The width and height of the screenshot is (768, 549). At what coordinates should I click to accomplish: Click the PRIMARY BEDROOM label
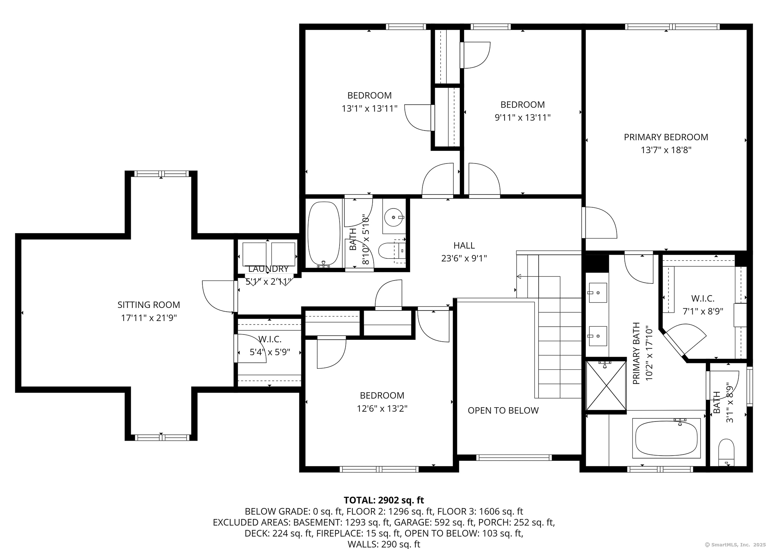[x=666, y=137]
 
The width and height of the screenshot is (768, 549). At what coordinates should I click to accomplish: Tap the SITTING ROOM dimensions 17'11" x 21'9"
[x=148, y=318]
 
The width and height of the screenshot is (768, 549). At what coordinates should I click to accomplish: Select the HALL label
[x=464, y=246]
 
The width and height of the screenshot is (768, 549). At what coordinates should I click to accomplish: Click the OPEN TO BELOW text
[x=503, y=411]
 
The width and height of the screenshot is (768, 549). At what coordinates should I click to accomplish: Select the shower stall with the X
[x=606, y=385]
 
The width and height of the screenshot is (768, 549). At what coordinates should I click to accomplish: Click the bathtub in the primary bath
[x=666, y=438]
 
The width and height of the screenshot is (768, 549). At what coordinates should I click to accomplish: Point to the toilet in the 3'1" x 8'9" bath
[x=726, y=452]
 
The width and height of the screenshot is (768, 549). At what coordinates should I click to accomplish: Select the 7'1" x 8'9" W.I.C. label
[x=702, y=298]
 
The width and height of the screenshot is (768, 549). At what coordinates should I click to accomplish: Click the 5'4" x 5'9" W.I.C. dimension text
[x=270, y=352]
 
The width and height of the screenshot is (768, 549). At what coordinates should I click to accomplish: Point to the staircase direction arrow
[x=519, y=276]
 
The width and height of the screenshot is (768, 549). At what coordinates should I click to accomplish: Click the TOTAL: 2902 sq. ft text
[x=383, y=500]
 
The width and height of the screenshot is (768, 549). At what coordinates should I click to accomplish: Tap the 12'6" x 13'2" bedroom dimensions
[x=382, y=408]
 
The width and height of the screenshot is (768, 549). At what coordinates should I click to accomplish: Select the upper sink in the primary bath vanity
[x=597, y=292]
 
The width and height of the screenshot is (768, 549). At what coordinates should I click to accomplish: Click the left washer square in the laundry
[x=254, y=254]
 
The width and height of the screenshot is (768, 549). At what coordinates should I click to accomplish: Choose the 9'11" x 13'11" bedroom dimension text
[x=522, y=118]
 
